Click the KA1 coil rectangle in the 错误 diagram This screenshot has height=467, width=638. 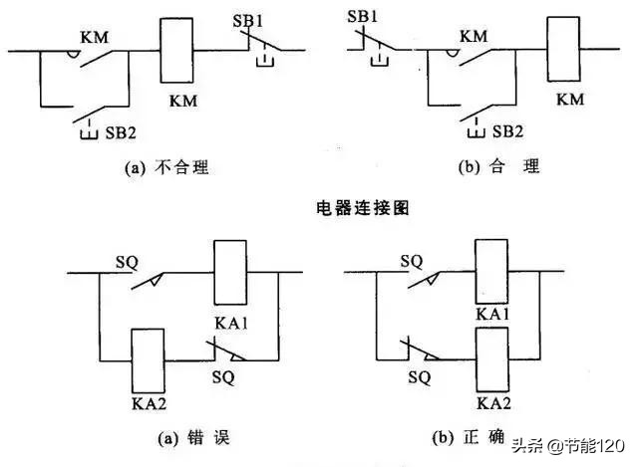pyautogui.click(x=230, y=272)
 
